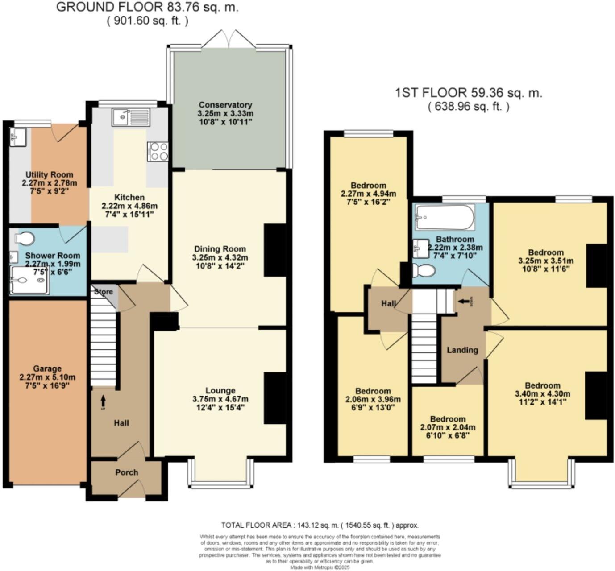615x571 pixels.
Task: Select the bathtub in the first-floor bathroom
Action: [443, 217]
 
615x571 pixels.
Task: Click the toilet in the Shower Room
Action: [25, 238]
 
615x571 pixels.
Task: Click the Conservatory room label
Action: [225, 105]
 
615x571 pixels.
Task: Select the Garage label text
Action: [47, 369]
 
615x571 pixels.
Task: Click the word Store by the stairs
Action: [104, 292]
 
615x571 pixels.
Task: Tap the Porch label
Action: [127, 472]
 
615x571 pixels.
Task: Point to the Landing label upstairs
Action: [462, 350]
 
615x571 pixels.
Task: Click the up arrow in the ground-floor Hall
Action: [104, 400]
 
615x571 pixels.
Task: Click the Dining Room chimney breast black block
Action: [275, 250]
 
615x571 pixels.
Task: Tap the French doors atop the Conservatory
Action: [229, 40]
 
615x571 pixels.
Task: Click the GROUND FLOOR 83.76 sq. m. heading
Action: [147, 7]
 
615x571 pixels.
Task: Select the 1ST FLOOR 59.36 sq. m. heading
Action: [468, 93]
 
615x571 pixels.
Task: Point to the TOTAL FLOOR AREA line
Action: [320, 525]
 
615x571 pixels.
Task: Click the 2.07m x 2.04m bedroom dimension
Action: [448, 427]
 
